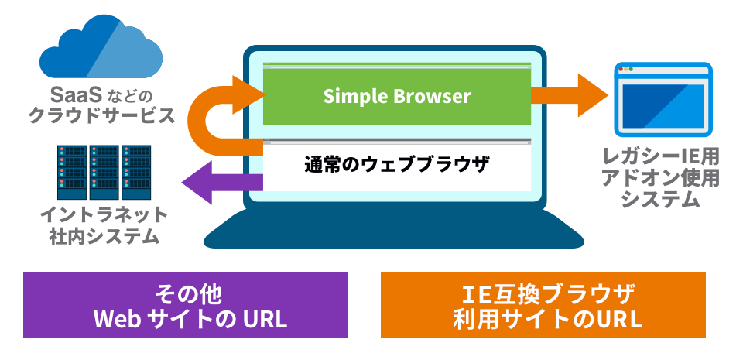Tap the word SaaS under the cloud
[x=76, y=95]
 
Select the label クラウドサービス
[x=101, y=115]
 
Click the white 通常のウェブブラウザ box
[x=396, y=165]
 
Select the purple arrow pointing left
[x=222, y=183]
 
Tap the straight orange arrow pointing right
[x=569, y=95]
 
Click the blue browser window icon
[x=663, y=99]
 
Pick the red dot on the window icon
[x=621, y=69]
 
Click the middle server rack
[x=104, y=172]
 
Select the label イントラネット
[x=104, y=215]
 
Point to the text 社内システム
[x=104, y=236]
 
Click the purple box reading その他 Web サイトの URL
[x=186, y=304]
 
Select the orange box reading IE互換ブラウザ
[x=543, y=304]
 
